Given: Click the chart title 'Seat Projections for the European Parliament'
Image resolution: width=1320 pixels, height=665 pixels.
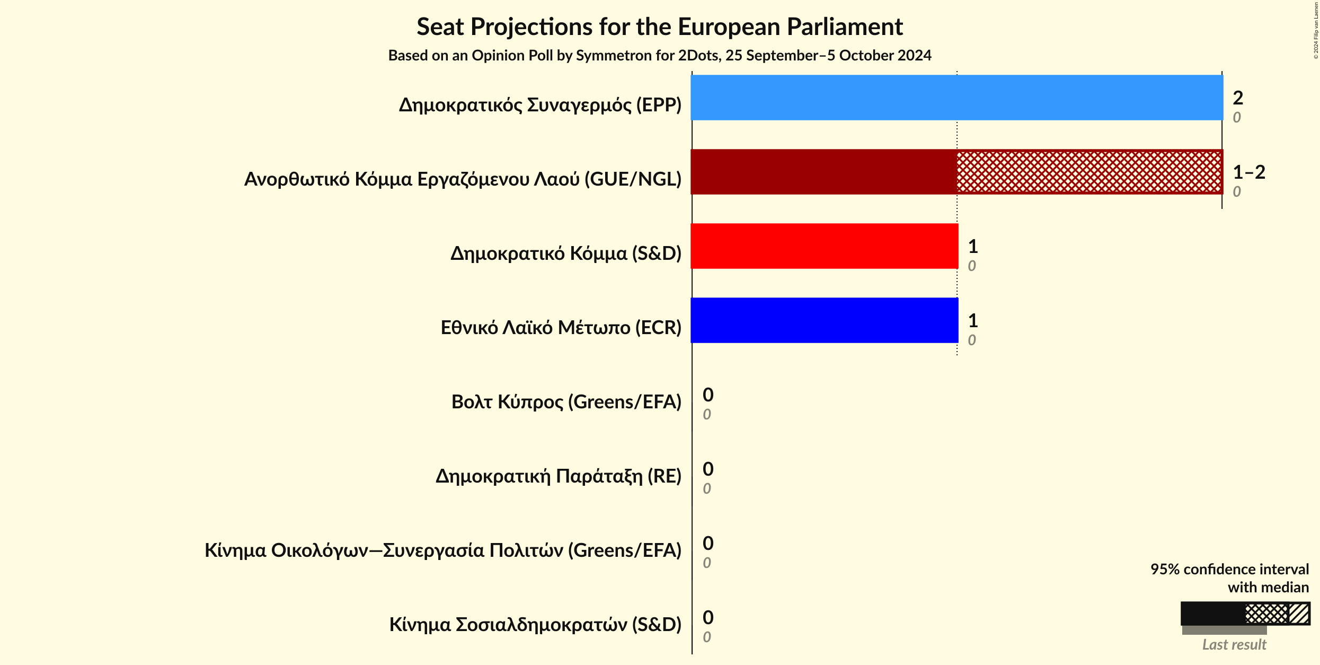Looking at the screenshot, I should pos(659,27).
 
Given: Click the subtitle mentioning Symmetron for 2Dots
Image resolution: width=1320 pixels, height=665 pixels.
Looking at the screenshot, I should pos(659,55).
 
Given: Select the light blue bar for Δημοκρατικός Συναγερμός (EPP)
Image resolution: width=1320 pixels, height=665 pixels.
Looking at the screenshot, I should pos(956,98).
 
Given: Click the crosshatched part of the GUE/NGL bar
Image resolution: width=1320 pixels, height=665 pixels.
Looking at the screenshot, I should pos(1089,172).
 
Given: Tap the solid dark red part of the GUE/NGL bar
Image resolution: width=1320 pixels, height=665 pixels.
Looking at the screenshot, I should pos(823,172).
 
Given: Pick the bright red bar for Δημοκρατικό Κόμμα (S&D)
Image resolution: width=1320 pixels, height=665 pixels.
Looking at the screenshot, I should pos(824,246).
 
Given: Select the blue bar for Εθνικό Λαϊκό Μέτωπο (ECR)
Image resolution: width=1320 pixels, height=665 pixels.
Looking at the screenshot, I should pos(824,320).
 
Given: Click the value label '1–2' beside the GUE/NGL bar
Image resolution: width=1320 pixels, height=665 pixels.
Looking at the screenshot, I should pos(1248,172).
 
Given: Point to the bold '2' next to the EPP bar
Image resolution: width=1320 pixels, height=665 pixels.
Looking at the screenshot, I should pos(1237,98).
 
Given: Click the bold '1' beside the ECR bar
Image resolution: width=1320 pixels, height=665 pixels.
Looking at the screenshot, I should pos(972,320).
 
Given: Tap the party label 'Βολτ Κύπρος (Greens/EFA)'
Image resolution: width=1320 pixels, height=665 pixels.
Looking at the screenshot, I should pos(566,402).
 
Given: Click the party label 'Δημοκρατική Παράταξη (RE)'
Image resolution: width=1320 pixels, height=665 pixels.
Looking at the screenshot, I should pos(558,476).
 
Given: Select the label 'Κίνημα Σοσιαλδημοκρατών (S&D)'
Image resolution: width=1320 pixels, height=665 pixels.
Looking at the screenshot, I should pos(535,625).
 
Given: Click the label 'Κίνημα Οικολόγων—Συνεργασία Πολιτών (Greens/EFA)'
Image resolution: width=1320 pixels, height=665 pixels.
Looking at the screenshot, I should pos(442,550).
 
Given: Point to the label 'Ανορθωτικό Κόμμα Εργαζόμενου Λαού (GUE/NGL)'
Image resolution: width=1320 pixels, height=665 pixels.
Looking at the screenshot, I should pos(462,179).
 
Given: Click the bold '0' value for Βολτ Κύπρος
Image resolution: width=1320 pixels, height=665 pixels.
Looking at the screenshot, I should pos(707,395).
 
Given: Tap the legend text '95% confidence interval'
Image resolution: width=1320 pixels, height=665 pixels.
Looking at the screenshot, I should pos(1229,569).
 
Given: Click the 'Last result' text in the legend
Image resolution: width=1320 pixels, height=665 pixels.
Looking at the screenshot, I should pos(1234,644).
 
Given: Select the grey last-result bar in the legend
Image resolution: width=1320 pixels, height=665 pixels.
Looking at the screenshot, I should pos(1224,630).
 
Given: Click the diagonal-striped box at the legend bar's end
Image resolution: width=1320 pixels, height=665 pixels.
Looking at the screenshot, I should pos(1299,614).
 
